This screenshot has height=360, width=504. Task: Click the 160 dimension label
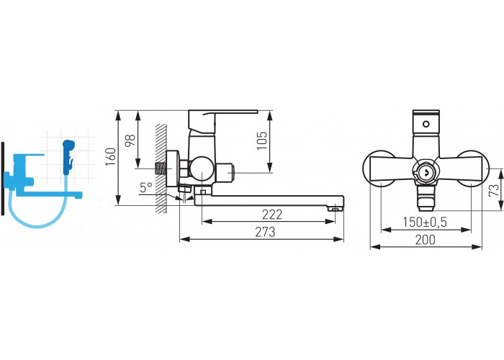(x=111, y=157)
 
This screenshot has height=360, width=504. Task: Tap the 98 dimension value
(x=130, y=140)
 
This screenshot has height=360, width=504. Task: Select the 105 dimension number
(x=262, y=140)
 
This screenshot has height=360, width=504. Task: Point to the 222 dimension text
(x=272, y=215)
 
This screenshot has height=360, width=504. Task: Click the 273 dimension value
(x=265, y=232)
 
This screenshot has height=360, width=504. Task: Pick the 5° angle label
(x=146, y=187)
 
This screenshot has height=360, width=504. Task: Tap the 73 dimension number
(x=494, y=190)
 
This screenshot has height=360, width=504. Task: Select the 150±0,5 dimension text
(x=425, y=222)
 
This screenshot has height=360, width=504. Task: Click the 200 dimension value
(x=426, y=240)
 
